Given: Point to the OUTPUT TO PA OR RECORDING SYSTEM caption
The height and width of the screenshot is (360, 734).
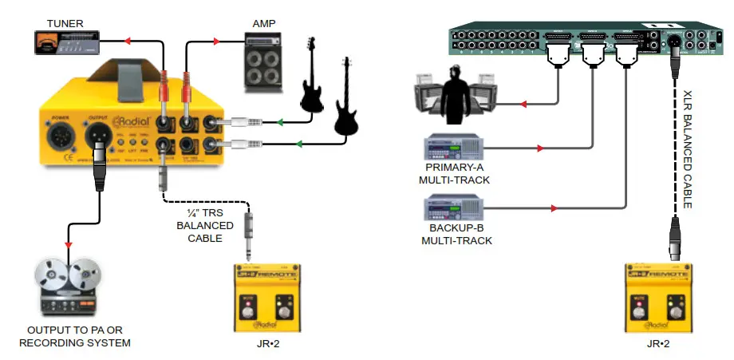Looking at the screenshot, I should [78, 337].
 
